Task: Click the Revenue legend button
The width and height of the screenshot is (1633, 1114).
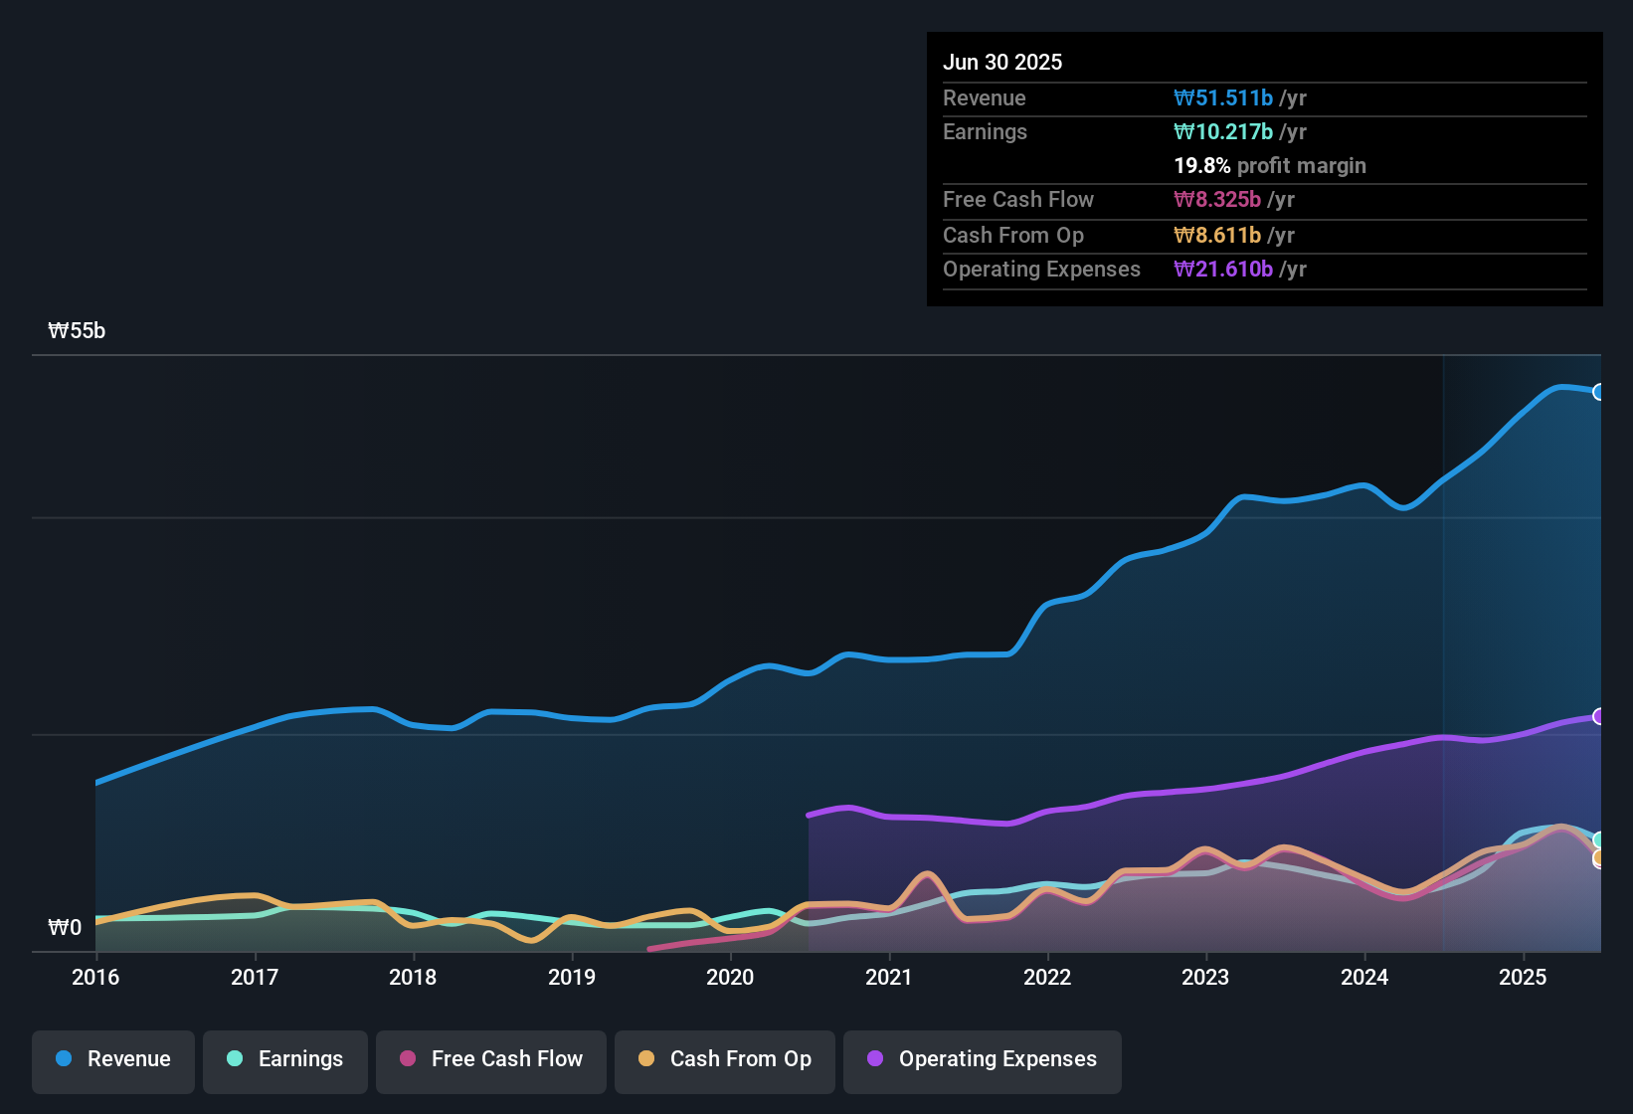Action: point(113,1059)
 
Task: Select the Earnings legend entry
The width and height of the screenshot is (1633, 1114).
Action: point(285,1059)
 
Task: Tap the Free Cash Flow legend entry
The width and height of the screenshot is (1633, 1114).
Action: point(491,1059)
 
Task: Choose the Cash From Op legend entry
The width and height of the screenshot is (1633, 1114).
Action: point(725,1059)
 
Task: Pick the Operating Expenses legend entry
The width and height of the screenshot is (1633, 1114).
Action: point(983,1059)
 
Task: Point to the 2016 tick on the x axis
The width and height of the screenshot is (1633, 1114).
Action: point(95,977)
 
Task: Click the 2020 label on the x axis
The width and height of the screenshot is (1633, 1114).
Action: point(730,977)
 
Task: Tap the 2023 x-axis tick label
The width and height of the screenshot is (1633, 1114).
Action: point(1205,977)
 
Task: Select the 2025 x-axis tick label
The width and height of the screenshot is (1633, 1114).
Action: point(1523,977)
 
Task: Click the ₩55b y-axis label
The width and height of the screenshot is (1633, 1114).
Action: point(77,331)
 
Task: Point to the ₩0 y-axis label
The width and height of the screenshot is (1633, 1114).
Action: point(65,928)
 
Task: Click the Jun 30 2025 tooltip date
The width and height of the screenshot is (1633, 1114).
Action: point(1002,62)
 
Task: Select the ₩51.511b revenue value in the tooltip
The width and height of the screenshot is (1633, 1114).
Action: point(1223,97)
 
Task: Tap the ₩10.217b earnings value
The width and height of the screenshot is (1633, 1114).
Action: point(1223,131)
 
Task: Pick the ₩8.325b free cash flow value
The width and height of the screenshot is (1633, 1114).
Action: point(1217,199)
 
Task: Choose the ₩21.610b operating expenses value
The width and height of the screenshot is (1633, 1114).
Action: point(1223,269)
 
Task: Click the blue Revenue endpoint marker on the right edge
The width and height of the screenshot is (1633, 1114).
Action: point(1599,392)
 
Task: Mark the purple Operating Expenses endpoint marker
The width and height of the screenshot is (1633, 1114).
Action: point(1599,716)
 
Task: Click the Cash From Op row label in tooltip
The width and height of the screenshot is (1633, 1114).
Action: point(1013,235)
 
